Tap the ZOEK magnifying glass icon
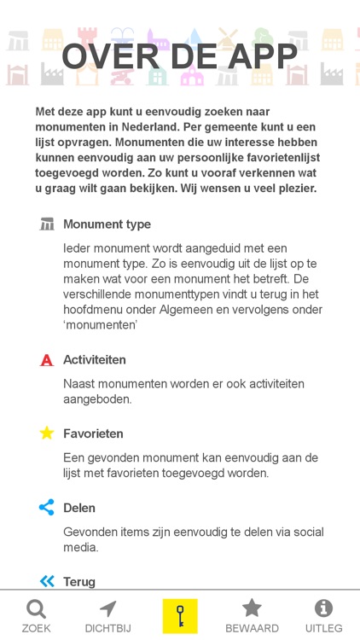point(36,609)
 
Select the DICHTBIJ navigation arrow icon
point(107,609)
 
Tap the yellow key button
point(180,615)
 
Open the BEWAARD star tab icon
point(252,608)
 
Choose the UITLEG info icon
point(323,608)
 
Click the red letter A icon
point(47,360)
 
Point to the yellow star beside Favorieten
point(47,433)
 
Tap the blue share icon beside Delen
point(47,508)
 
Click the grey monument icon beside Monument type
point(47,224)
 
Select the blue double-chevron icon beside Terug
point(47,581)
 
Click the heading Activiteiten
point(95,360)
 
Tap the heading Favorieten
point(93,433)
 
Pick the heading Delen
point(79,508)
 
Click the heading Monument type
point(107,224)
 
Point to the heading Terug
point(79,581)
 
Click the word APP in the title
point(253,56)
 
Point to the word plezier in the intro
point(293,189)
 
